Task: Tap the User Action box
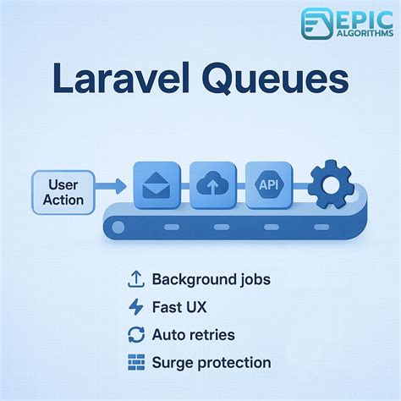pos(65,191)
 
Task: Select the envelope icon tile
pos(157,184)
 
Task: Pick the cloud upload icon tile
pos(213,184)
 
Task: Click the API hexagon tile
pos(269,184)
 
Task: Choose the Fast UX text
pos(179,307)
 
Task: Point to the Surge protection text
pos(211,362)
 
